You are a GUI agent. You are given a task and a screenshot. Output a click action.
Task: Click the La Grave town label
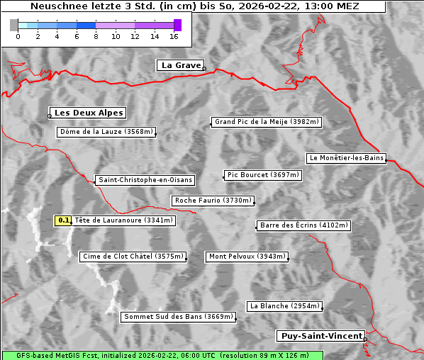(x=181, y=65)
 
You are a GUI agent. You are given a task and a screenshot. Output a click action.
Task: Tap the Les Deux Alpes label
(x=89, y=113)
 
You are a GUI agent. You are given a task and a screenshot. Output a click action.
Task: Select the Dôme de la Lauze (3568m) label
(x=106, y=132)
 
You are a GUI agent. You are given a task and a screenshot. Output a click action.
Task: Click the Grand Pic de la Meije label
(x=267, y=122)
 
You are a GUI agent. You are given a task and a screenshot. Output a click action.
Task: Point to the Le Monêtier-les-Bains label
(x=346, y=158)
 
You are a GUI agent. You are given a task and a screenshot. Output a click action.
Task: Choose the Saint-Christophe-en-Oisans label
(x=145, y=180)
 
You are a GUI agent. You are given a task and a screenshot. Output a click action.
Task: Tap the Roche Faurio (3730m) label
(x=213, y=201)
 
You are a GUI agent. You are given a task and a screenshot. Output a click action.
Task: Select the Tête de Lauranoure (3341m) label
(x=123, y=220)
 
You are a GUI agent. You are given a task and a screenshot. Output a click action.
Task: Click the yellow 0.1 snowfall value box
(x=64, y=220)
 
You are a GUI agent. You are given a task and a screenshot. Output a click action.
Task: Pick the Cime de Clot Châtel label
(x=133, y=257)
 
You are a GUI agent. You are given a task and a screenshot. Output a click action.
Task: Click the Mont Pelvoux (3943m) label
(x=247, y=257)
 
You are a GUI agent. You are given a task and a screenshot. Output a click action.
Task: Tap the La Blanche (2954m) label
(x=284, y=306)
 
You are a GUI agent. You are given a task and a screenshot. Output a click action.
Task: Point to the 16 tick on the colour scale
(x=174, y=36)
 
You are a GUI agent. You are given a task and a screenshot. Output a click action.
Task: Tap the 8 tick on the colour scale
(x=96, y=36)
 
